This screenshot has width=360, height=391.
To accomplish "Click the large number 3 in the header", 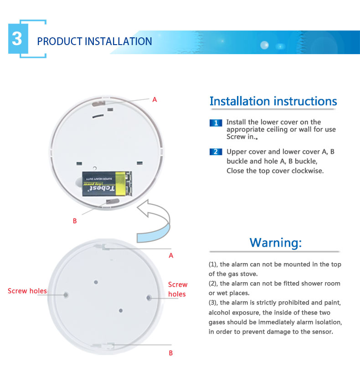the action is pyautogui.click(x=17, y=39).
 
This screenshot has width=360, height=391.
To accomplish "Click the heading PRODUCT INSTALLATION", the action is pyautogui.click(x=94, y=41).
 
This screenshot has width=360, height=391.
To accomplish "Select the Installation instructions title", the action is pyautogui.click(x=273, y=101).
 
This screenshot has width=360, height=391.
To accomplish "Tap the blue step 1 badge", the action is pyautogui.click(x=216, y=123).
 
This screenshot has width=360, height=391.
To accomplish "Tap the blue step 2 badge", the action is pyautogui.click(x=216, y=152).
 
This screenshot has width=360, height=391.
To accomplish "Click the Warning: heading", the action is pyautogui.click(x=276, y=242).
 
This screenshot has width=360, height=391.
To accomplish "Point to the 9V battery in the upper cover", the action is pyautogui.click(x=107, y=183).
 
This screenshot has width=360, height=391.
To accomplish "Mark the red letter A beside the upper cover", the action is pyautogui.click(x=154, y=100).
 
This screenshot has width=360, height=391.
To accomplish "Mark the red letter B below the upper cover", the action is pyautogui.click(x=75, y=221).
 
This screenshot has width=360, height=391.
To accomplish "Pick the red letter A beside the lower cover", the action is pyautogui.click(x=171, y=256).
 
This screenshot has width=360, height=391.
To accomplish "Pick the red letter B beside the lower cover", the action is pyautogui.click(x=171, y=353).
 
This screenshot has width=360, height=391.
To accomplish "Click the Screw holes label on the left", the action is pyautogui.click(x=27, y=291).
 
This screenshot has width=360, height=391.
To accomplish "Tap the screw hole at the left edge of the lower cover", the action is pyautogui.click(x=66, y=295).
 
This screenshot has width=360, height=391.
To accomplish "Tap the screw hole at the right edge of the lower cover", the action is pyautogui.click(x=149, y=298).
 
